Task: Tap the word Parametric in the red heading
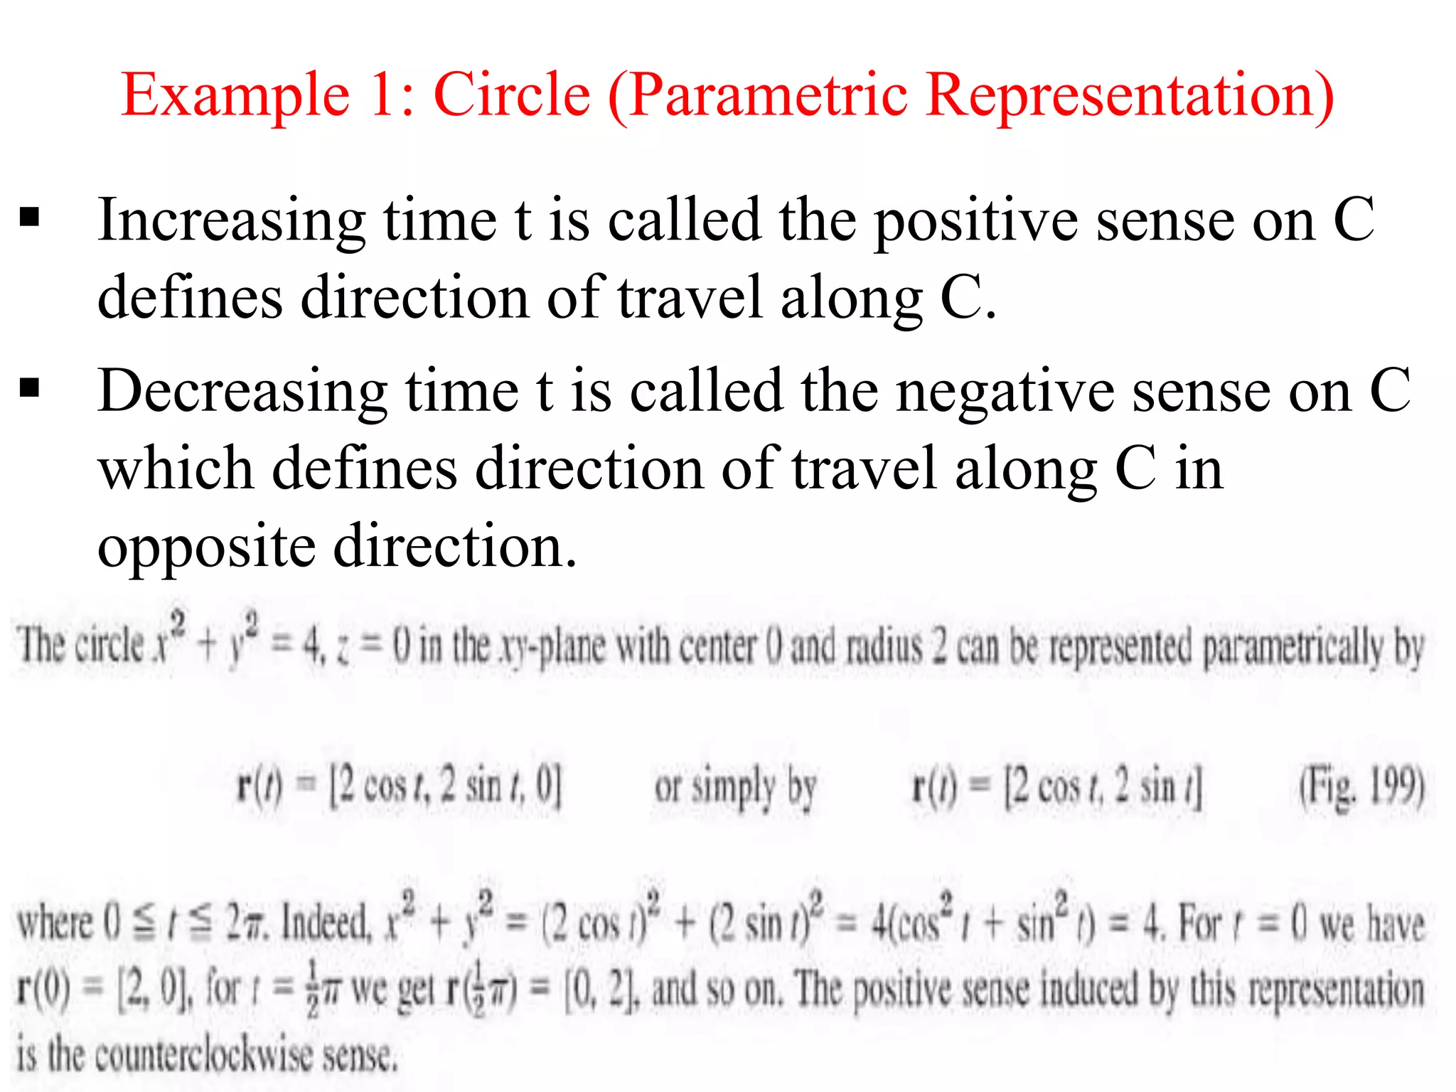[x=769, y=96]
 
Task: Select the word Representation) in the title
[x=1131, y=96]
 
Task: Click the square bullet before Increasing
[x=30, y=216]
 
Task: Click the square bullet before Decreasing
[x=30, y=388]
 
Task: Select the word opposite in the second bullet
[x=206, y=547]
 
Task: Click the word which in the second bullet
[x=176, y=469]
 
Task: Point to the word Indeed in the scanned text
[x=326, y=924]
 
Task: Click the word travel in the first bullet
[x=690, y=299]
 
